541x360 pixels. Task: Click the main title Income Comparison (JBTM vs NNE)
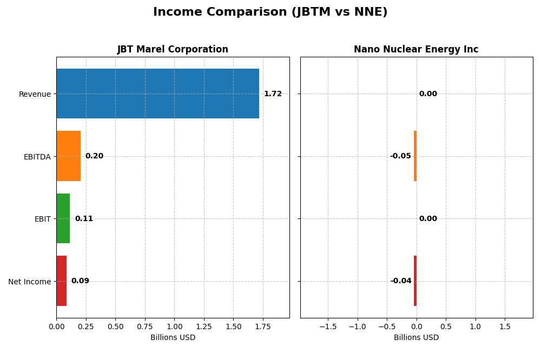(270, 12)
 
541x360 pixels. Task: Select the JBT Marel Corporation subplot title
(173, 49)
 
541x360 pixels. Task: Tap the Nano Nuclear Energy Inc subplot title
(415, 49)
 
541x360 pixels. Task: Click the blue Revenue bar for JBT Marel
(157, 94)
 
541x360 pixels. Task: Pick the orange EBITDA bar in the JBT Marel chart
(68, 156)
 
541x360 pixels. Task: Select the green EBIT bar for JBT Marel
(63, 218)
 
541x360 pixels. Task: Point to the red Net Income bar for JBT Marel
(61, 281)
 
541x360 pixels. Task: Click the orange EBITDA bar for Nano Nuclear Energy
(415, 156)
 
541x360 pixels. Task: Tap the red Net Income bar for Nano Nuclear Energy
(415, 281)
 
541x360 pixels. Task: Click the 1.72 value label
(273, 94)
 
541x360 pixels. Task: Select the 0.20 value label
(94, 156)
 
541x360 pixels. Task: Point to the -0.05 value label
(400, 156)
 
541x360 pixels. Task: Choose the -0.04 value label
(401, 281)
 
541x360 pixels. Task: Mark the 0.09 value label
(80, 281)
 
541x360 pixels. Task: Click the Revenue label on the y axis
(35, 94)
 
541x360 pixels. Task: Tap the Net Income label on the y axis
(29, 282)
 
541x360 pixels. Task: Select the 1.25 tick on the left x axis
(204, 327)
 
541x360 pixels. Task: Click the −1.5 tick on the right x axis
(327, 327)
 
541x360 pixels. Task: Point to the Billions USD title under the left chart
(173, 338)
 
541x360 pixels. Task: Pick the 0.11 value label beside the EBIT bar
(84, 219)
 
